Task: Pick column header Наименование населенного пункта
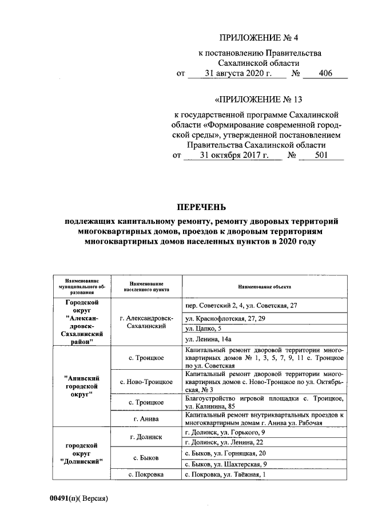(147, 287)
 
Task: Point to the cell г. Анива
(147, 419)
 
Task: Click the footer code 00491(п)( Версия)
(78, 498)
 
